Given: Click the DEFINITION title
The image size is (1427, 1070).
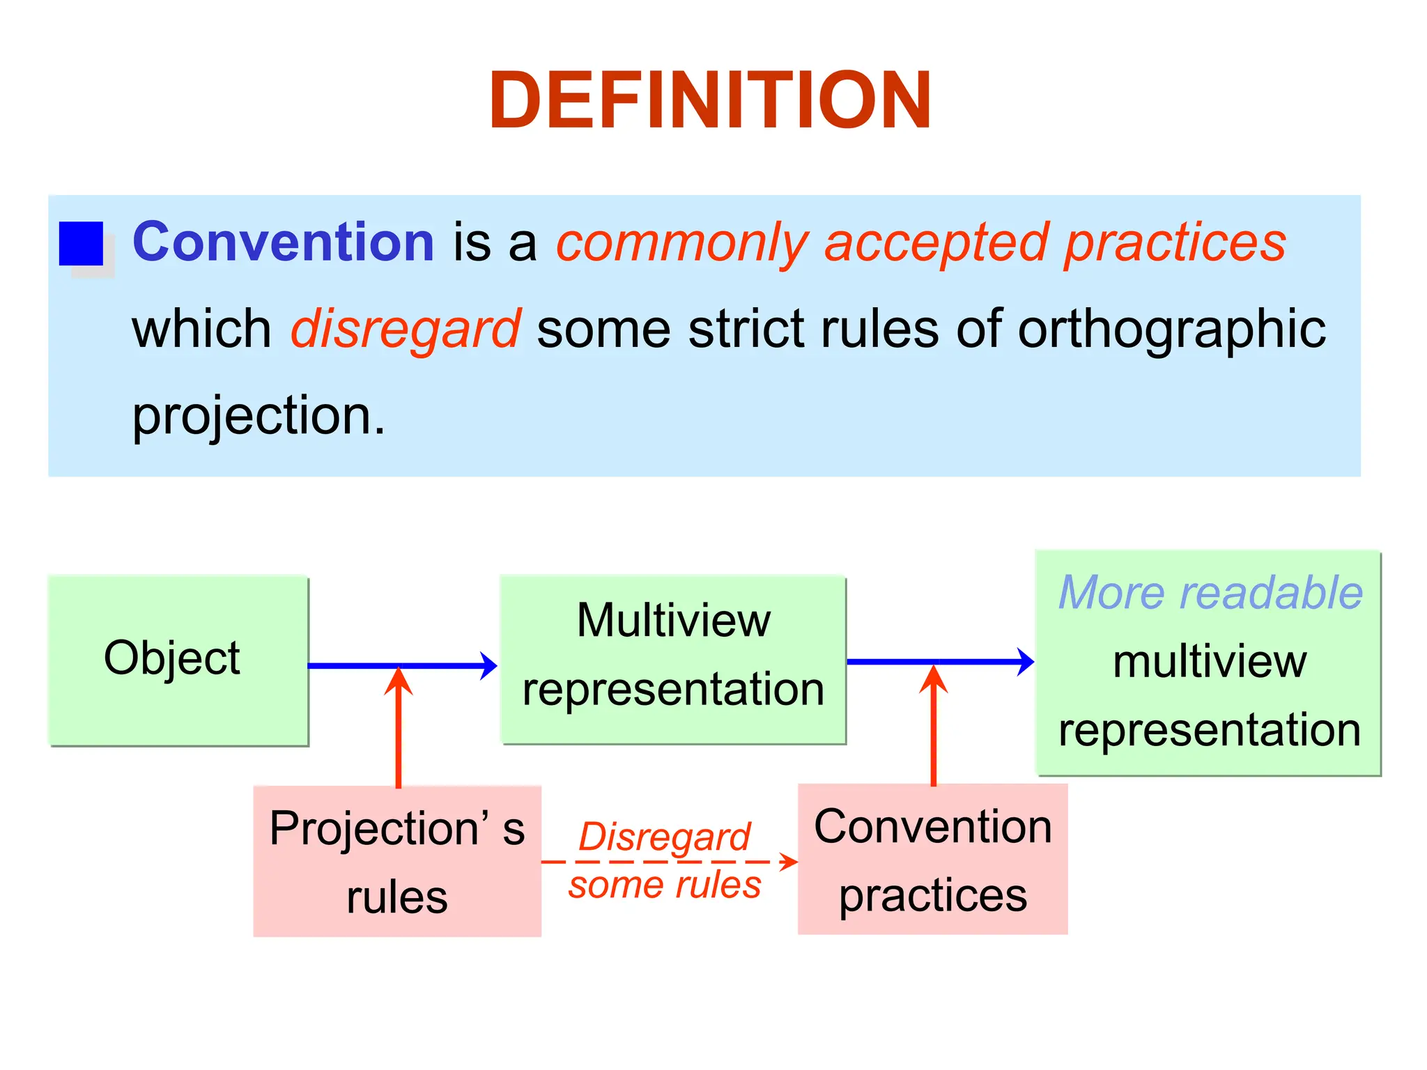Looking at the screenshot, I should (x=710, y=101).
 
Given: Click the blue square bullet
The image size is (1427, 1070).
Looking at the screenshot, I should (x=81, y=244).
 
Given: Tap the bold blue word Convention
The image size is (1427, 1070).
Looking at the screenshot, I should (x=283, y=242).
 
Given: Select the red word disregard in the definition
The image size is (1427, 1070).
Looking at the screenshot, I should (x=405, y=329).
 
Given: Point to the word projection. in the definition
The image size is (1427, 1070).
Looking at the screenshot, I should (x=258, y=416).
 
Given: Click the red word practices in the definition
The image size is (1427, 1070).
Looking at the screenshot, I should (x=1175, y=243).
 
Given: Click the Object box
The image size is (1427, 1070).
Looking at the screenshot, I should (x=178, y=660).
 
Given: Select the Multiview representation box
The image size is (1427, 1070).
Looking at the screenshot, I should (x=673, y=659).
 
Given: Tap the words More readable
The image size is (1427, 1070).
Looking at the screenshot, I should (x=1210, y=593).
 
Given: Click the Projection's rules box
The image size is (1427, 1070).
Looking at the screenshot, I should (x=397, y=861).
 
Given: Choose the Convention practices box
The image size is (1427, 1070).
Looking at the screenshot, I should (x=932, y=860).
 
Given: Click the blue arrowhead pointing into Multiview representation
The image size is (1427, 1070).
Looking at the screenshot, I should (x=489, y=666).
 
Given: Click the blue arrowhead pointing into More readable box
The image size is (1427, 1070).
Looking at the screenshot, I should (x=1026, y=661).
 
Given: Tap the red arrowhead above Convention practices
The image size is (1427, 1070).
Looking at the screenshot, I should (x=934, y=677).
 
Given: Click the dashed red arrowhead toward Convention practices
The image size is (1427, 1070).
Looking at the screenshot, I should (x=789, y=862).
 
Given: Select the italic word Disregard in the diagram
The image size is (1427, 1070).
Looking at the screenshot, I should (x=664, y=837).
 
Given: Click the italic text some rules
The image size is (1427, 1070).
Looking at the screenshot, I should (x=664, y=885).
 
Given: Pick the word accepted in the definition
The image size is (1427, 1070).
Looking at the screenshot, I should (x=936, y=243).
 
